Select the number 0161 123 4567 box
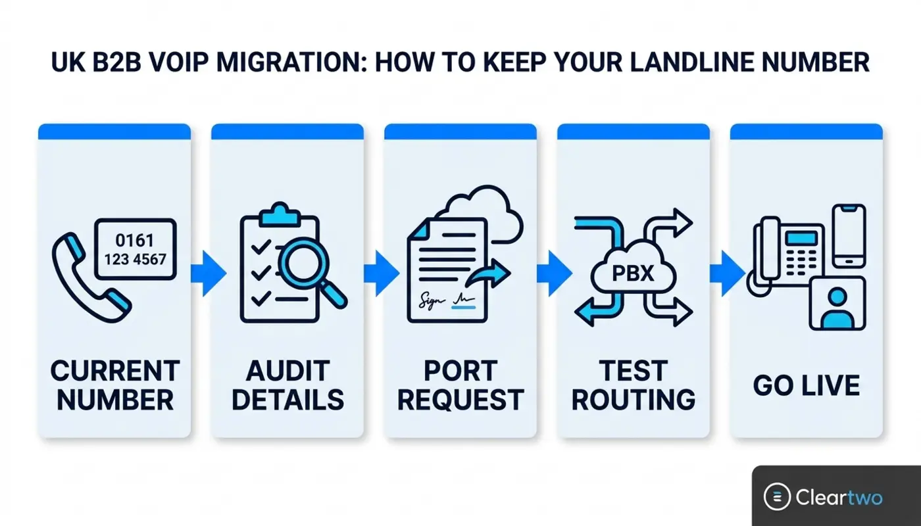(x=136, y=249)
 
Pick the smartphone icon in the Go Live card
(x=849, y=236)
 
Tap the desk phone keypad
(x=801, y=262)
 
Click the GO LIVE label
(x=807, y=385)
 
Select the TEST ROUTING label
(x=633, y=385)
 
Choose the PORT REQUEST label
(x=460, y=385)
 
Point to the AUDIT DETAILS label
(x=288, y=385)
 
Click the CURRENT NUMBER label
(x=115, y=385)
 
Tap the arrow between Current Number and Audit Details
(x=209, y=274)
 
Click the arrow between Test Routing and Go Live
(x=728, y=274)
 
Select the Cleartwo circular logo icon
(x=777, y=497)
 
